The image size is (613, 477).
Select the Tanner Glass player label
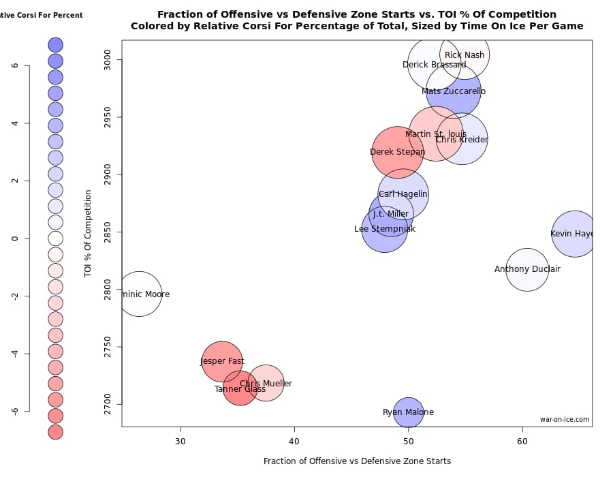(240, 389)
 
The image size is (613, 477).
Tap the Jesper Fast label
(222, 362)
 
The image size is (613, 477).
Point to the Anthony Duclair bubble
(527, 269)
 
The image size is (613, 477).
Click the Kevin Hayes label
(572, 234)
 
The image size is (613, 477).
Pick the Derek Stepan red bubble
(398, 152)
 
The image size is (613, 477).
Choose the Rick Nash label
(465, 55)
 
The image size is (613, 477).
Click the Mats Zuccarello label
(454, 91)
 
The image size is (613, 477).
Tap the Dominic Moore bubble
(140, 294)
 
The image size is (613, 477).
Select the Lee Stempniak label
(385, 229)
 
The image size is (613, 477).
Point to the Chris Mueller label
(266, 384)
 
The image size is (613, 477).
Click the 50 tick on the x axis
(408, 441)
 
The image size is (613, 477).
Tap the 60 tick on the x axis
(522, 441)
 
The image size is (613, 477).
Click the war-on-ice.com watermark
(565, 420)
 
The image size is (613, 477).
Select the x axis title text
(357, 461)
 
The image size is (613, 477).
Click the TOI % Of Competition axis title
(88, 233)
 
